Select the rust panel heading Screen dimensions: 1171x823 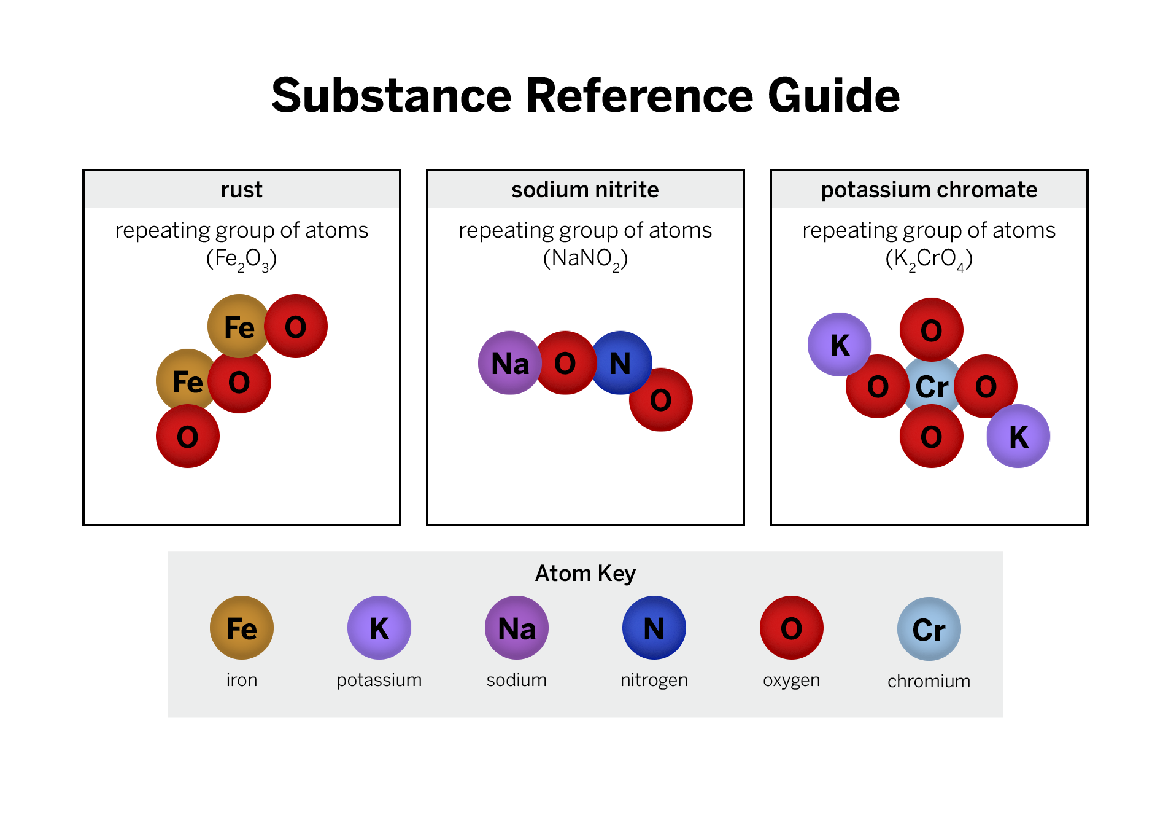tap(241, 190)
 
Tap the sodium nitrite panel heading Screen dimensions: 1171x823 tap(585, 190)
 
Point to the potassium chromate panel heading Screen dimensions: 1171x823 tap(929, 190)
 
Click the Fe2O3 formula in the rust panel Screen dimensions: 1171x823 tap(241, 259)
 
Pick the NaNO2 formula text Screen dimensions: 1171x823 tap(585, 259)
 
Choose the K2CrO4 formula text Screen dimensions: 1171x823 tap(929, 259)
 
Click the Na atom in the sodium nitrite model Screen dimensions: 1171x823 tap(509, 363)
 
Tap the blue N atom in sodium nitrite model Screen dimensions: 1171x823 tap(621, 363)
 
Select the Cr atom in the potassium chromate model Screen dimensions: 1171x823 tap(932, 386)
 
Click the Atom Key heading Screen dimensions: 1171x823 tap(585, 573)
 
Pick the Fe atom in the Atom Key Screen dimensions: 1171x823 tap(241, 628)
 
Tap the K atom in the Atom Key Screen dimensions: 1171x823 tap(379, 628)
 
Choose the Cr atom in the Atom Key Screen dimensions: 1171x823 tap(929, 629)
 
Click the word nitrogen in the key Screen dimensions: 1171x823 tap(654, 681)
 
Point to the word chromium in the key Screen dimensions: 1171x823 tap(929, 681)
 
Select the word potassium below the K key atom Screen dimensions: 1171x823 tap(379, 681)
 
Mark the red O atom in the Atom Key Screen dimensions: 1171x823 tap(791, 628)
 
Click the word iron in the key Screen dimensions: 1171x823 tap(241, 680)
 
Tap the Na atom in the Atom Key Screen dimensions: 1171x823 tap(516, 628)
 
